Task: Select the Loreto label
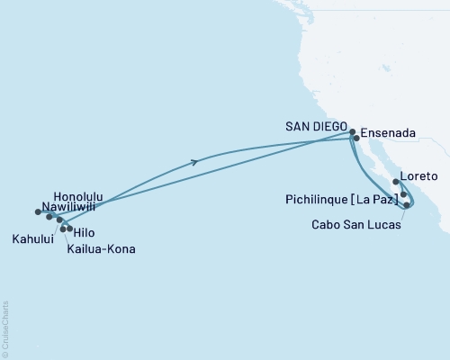pyautogui.click(x=420, y=175)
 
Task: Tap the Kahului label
pyautogui.click(x=31, y=239)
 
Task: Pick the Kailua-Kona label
pyautogui.click(x=101, y=248)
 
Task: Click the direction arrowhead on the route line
pyautogui.click(x=196, y=162)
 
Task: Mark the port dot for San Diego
pyautogui.click(x=352, y=131)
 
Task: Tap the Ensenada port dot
pyautogui.click(x=356, y=139)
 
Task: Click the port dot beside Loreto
pyautogui.click(x=396, y=182)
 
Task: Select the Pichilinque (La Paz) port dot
pyautogui.click(x=404, y=194)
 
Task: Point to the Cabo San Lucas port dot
pyautogui.click(x=408, y=205)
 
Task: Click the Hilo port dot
pyautogui.click(x=70, y=229)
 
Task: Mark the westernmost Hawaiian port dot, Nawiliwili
pyautogui.click(x=38, y=211)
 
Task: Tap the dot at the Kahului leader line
pyautogui.click(x=59, y=220)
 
